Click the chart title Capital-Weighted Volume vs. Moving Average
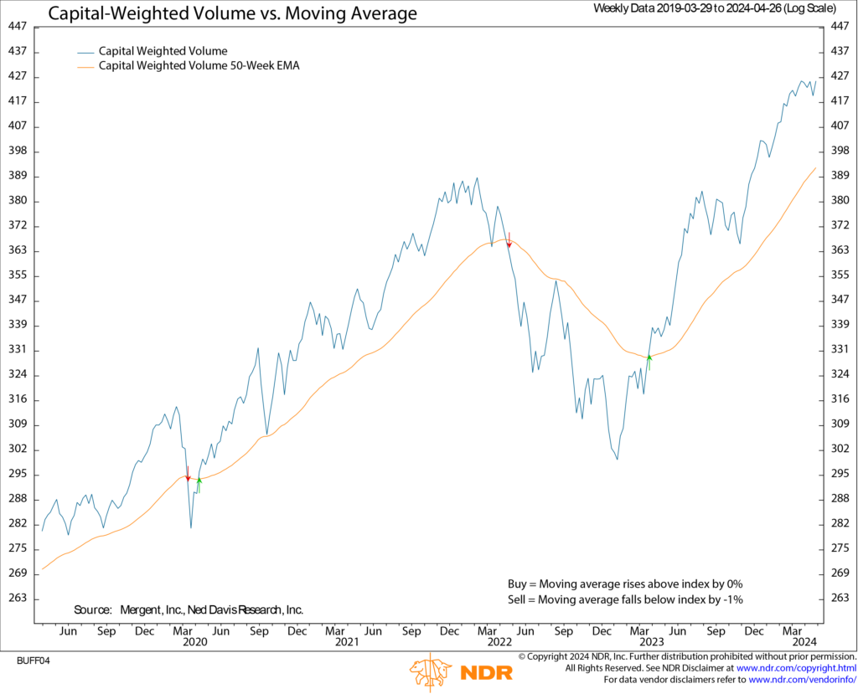(231, 13)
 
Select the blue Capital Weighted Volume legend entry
(163, 51)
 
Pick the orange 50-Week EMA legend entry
(199, 65)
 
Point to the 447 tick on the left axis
(18, 27)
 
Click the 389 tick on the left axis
(18, 176)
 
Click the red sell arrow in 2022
(509, 241)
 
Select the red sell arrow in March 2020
(188, 475)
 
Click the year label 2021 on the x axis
(347, 642)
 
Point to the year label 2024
(804, 642)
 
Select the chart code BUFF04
(34, 661)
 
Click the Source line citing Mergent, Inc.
(189, 610)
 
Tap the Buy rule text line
(625, 583)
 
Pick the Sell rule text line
(625, 599)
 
